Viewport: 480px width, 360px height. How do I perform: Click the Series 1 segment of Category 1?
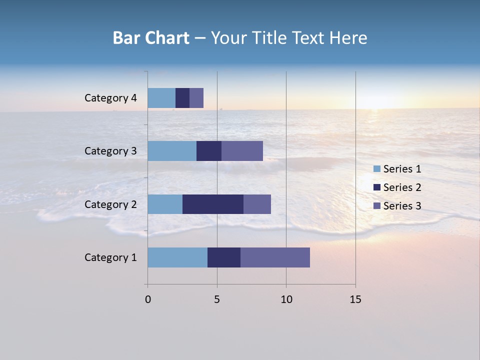click(x=177, y=257)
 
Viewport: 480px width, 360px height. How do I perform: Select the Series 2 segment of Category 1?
click(x=224, y=257)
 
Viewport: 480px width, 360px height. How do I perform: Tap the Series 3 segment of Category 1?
click(x=275, y=257)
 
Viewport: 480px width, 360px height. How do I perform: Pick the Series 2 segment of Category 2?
click(x=213, y=204)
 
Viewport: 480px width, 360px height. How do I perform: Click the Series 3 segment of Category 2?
click(x=257, y=204)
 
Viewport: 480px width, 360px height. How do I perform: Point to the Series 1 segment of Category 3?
click(x=172, y=151)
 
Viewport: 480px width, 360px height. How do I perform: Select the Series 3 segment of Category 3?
click(x=242, y=151)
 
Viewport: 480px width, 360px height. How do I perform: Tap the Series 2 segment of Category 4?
click(x=182, y=98)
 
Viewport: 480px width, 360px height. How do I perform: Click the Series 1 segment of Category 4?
click(x=161, y=98)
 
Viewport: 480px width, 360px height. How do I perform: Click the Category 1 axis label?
click(x=110, y=257)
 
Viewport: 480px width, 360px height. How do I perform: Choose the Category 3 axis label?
click(x=110, y=151)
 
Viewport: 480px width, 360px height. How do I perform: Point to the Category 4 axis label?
click(x=110, y=98)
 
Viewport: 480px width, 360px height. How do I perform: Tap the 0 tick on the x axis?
click(x=148, y=299)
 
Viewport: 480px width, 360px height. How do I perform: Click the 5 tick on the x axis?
click(x=217, y=299)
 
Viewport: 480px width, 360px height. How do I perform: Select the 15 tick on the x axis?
click(x=355, y=299)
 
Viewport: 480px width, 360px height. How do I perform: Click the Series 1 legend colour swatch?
click(x=376, y=169)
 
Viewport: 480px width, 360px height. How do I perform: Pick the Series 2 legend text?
click(x=402, y=187)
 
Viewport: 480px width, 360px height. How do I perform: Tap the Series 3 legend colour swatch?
click(x=376, y=205)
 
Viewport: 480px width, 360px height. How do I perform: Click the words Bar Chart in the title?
click(x=151, y=38)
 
